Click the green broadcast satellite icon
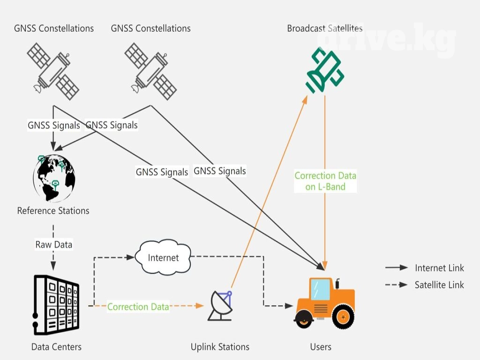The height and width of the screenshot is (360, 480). [325, 71]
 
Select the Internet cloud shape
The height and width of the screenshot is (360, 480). [163, 257]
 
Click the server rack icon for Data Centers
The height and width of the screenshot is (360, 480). [56, 305]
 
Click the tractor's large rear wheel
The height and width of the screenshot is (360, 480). [343, 316]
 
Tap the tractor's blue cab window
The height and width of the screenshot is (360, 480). [321, 289]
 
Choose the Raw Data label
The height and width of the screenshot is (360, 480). [54, 245]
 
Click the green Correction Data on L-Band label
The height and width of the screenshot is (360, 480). [325, 181]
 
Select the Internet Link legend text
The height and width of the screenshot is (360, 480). [439, 268]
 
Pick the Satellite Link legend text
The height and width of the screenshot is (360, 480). [439, 285]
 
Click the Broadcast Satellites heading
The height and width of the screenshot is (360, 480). [325, 29]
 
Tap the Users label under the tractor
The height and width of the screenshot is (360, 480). [321, 347]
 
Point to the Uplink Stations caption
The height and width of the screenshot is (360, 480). [220, 347]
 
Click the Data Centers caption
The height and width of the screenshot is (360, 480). [56, 347]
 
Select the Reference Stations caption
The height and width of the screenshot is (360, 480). [53, 211]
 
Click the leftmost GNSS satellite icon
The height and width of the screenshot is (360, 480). [52, 70]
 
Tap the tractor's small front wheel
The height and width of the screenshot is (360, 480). [304, 320]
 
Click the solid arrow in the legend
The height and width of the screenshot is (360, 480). [396, 268]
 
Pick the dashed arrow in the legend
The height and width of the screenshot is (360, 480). [396, 285]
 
